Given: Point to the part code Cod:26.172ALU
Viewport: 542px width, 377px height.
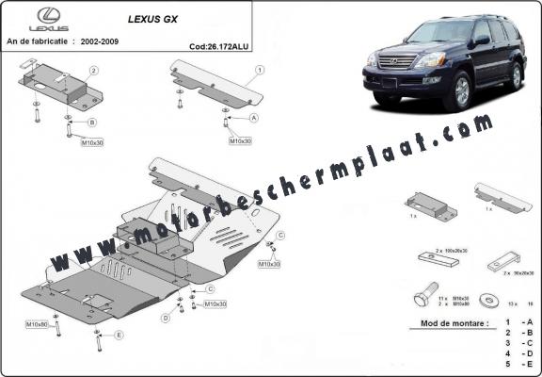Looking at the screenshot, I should pos(218,44).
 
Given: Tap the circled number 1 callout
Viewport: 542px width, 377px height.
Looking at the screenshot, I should pos(259,70).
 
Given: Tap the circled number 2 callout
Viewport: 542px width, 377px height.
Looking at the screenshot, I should pos(94,71).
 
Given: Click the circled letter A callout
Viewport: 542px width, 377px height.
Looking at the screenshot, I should pos(254,119).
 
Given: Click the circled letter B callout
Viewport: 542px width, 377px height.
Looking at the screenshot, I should pos(92,123).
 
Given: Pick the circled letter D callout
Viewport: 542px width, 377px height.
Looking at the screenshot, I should pos(166,318).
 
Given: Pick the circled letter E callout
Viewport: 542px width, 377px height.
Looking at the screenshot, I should pos(119,335).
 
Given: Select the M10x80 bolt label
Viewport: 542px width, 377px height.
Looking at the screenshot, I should pos(38,324).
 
